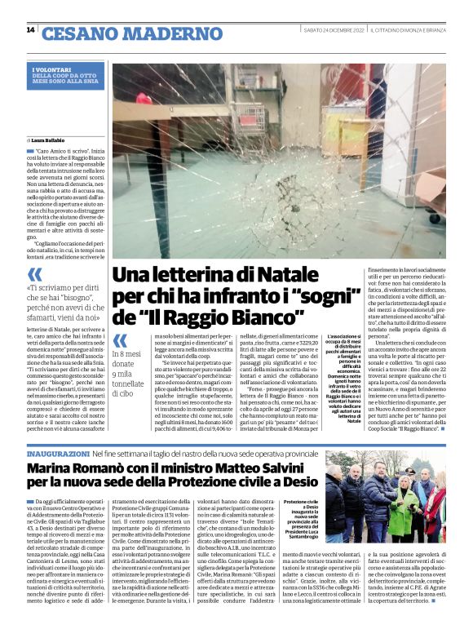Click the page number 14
[x=30, y=30]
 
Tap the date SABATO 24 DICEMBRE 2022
[x=334, y=31]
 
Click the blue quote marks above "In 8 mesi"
[x=119, y=340]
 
